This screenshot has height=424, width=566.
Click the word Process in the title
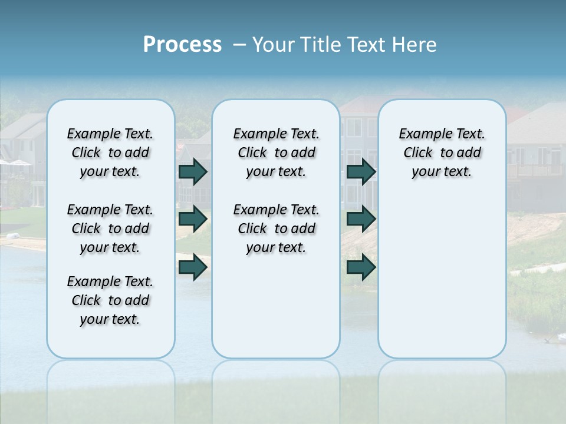pyautogui.click(x=182, y=45)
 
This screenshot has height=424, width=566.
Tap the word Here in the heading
pyautogui.click(x=416, y=45)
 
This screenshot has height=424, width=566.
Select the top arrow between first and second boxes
pyautogui.click(x=193, y=172)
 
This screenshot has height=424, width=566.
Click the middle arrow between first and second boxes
pyautogui.click(x=193, y=219)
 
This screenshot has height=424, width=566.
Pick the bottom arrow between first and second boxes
pyautogui.click(x=193, y=267)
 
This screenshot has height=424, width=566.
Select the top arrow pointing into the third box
pyautogui.click(x=361, y=172)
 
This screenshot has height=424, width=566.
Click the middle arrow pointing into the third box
pyautogui.click(x=361, y=219)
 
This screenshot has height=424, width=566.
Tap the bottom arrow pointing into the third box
pyautogui.click(x=361, y=267)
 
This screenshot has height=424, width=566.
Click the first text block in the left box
pyautogui.click(x=110, y=153)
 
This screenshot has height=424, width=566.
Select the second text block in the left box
pyautogui.click(x=110, y=228)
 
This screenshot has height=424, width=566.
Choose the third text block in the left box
pyautogui.click(x=110, y=300)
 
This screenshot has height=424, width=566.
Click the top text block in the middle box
pyautogui.click(x=276, y=153)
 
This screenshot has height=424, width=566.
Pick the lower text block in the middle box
pyautogui.click(x=276, y=228)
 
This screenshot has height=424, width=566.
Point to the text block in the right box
pyautogui.click(x=442, y=153)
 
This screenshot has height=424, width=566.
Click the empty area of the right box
pyautogui.click(x=442, y=271)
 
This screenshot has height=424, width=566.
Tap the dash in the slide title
pyautogui.click(x=239, y=45)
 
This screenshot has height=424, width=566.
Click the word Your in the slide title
pyautogui.click(x=274, y=45)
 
